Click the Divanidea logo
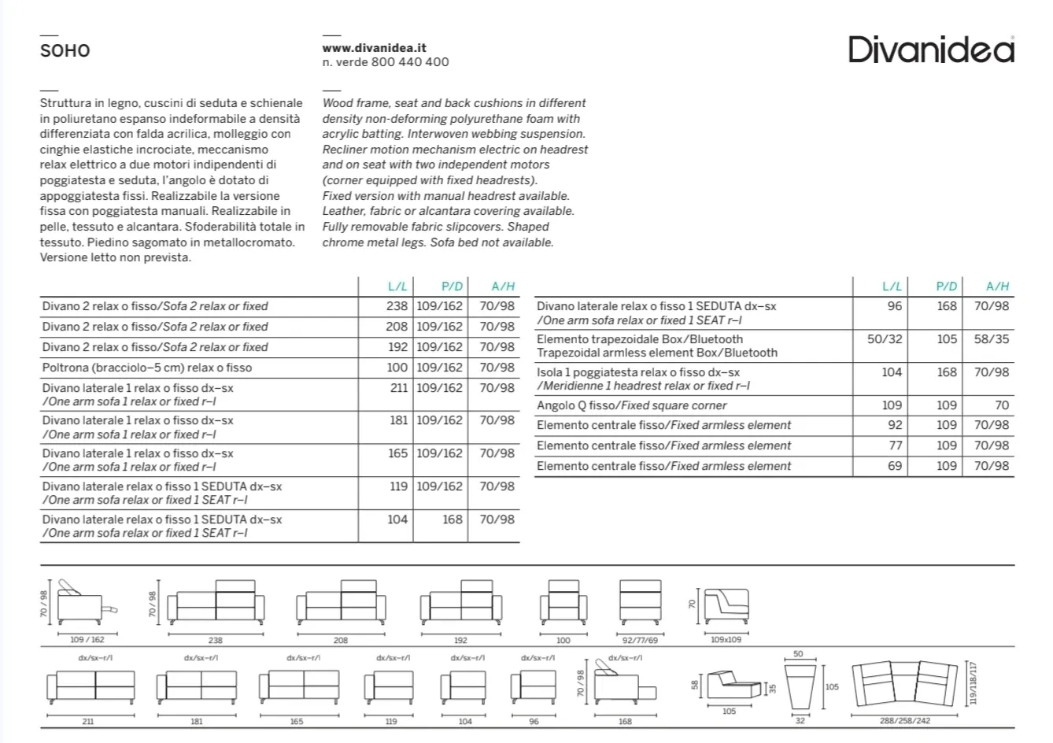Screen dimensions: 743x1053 click(x=931, y=50)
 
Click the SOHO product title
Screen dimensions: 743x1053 click(x=65, y=51)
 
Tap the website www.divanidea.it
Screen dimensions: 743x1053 click(x=375, y=48)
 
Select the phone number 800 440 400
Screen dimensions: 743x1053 click(x=410, y=62)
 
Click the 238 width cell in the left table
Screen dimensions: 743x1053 click(x=397, y=306)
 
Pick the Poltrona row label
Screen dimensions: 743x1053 click(x=147, y=368)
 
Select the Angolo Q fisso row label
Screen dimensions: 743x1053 click(x=631, y=405)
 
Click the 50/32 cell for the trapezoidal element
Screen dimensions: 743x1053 click(x=885, y=339)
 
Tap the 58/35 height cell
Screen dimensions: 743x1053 click(x=991, y=339)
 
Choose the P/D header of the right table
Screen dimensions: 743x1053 click(x=946, y=286)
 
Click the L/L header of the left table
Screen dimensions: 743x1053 click(x=397, y=286)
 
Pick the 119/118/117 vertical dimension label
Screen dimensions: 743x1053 click(x=975, y=682)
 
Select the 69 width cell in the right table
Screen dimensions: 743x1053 click(x=894, y=466)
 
